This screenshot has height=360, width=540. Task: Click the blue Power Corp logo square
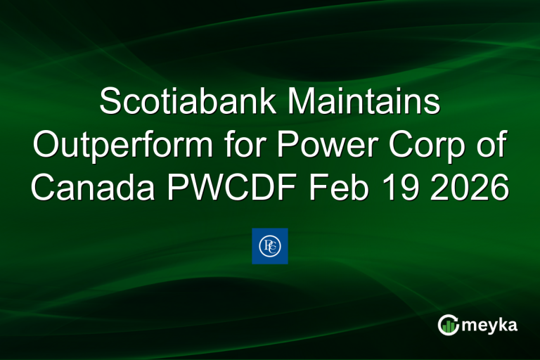pyautogui.click(x=269, y=246)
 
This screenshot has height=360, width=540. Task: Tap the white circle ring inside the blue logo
pyautogui.click(x=269, y=246)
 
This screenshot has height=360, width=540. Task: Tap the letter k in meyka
pyautogui.click(x=500, y=324)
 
